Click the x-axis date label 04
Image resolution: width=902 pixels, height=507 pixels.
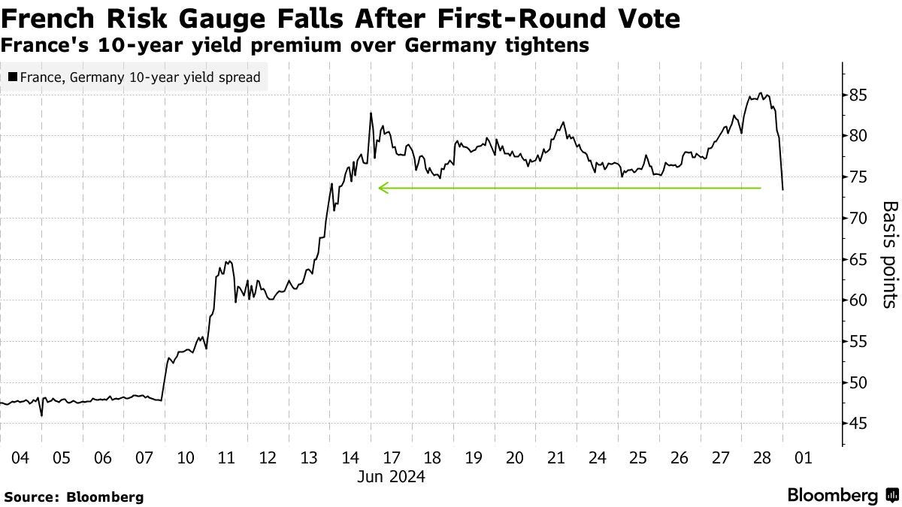[20, 457]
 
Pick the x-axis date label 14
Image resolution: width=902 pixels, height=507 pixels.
[350, 457]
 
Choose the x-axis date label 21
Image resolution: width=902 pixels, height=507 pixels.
[556, 457]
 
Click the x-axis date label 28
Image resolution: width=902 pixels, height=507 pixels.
[762, 457]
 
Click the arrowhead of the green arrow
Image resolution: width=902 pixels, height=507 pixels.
[382, 188]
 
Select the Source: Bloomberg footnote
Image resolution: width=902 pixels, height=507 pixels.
[74, 496]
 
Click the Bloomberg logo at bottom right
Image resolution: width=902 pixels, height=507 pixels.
[841, 495]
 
